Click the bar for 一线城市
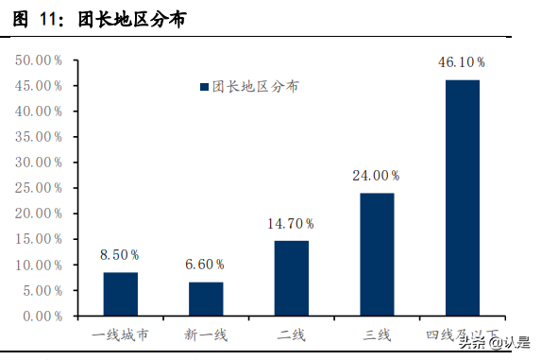(x=121, y=294)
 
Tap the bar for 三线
(x=377, y=254)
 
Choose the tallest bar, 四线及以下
(x=463, y=197)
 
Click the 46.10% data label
(x=462, y=62)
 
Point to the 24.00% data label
(x=376, y=176)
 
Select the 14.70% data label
(x=291, y=224)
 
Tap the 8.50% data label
(x=121, y=255)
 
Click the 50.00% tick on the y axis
(x=39, y=60)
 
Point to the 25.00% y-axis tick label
(x=39, y=187)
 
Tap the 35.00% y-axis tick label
(x=39, y=136)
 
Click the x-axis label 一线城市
(x=120, y=334)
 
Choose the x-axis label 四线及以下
(x=462, y=334)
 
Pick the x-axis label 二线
(x=291, y=334)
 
